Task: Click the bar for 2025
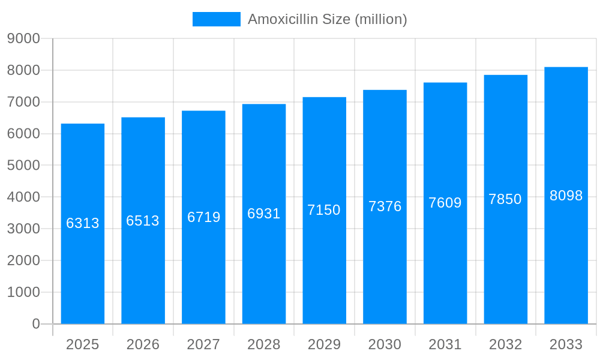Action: [83, 264]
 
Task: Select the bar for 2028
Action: [264, 264]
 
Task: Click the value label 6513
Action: [143, 221]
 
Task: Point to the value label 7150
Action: [324, 210]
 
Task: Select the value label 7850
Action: [505, 199]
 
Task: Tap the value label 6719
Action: [204, 217]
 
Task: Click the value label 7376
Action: [385, 206]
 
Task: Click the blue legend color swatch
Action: [216, 19]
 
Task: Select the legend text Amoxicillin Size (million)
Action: [327, 19]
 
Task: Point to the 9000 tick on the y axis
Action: [23, 39]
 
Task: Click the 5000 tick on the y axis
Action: [23, 166]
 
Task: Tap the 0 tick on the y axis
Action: [35, 324]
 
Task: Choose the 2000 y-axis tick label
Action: [23, 260]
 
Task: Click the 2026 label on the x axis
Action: [143, 344]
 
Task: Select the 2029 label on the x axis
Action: [324, 344]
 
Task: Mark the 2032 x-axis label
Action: [505, 344]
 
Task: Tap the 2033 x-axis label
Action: [566, 344]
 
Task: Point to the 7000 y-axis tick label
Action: [23, 102]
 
